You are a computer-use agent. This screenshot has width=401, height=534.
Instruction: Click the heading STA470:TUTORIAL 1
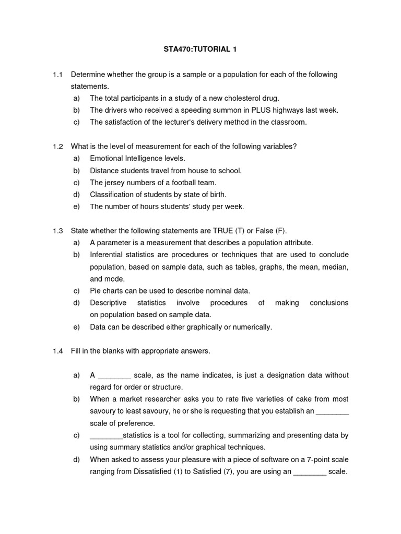tap(200, 50)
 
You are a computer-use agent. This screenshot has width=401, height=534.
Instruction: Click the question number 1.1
tap(57, 75)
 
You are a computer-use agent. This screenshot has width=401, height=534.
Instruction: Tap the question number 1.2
tap(57, 147)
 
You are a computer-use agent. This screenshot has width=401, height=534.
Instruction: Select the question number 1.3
tap(57, 231)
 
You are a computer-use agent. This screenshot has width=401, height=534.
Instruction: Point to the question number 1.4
tap(57, 351)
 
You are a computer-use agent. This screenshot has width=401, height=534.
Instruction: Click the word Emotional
tap(107, 159)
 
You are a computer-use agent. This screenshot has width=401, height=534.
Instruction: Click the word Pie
tap(96, 291)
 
